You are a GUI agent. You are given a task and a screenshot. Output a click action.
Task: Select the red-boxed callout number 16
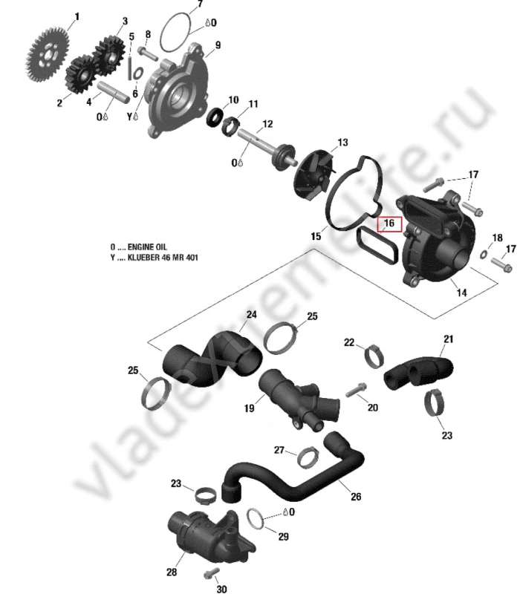[x=389, y=224]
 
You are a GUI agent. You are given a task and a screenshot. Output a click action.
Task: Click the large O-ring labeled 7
[x=176, y=33]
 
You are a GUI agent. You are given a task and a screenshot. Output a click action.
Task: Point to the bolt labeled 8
[x=148, y=53]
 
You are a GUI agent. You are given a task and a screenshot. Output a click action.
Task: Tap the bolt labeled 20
[x=357, y=391]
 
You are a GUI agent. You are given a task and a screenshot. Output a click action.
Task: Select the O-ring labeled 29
[x=255, y=519]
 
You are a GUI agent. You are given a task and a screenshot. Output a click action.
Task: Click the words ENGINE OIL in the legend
[x=147, y=247]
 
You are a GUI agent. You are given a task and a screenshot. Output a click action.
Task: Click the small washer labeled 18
[x=484, y=255]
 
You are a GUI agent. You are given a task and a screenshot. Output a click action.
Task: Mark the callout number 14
[x=461, y=292]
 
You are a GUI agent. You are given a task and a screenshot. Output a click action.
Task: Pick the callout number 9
[x=218, y=45]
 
